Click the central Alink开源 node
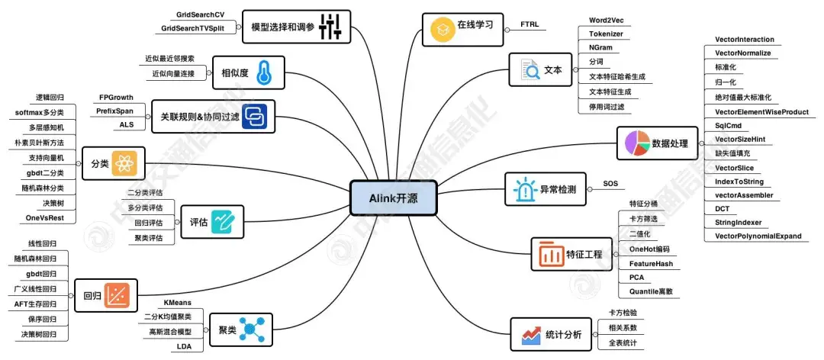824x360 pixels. coord(394,199)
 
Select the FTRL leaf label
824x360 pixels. coord(529,24)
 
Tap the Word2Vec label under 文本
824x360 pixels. coord(607,20)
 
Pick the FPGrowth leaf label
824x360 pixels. coord(116,98)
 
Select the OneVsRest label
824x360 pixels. coord(45,218)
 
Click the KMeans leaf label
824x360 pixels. coord(177,302)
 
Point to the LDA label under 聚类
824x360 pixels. coord(184,346)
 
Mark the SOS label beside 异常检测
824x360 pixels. coord(610,184)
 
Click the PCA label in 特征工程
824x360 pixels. coord(637,278)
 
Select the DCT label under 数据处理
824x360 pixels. coord(722,208)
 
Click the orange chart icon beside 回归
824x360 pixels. coord(119,295)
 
